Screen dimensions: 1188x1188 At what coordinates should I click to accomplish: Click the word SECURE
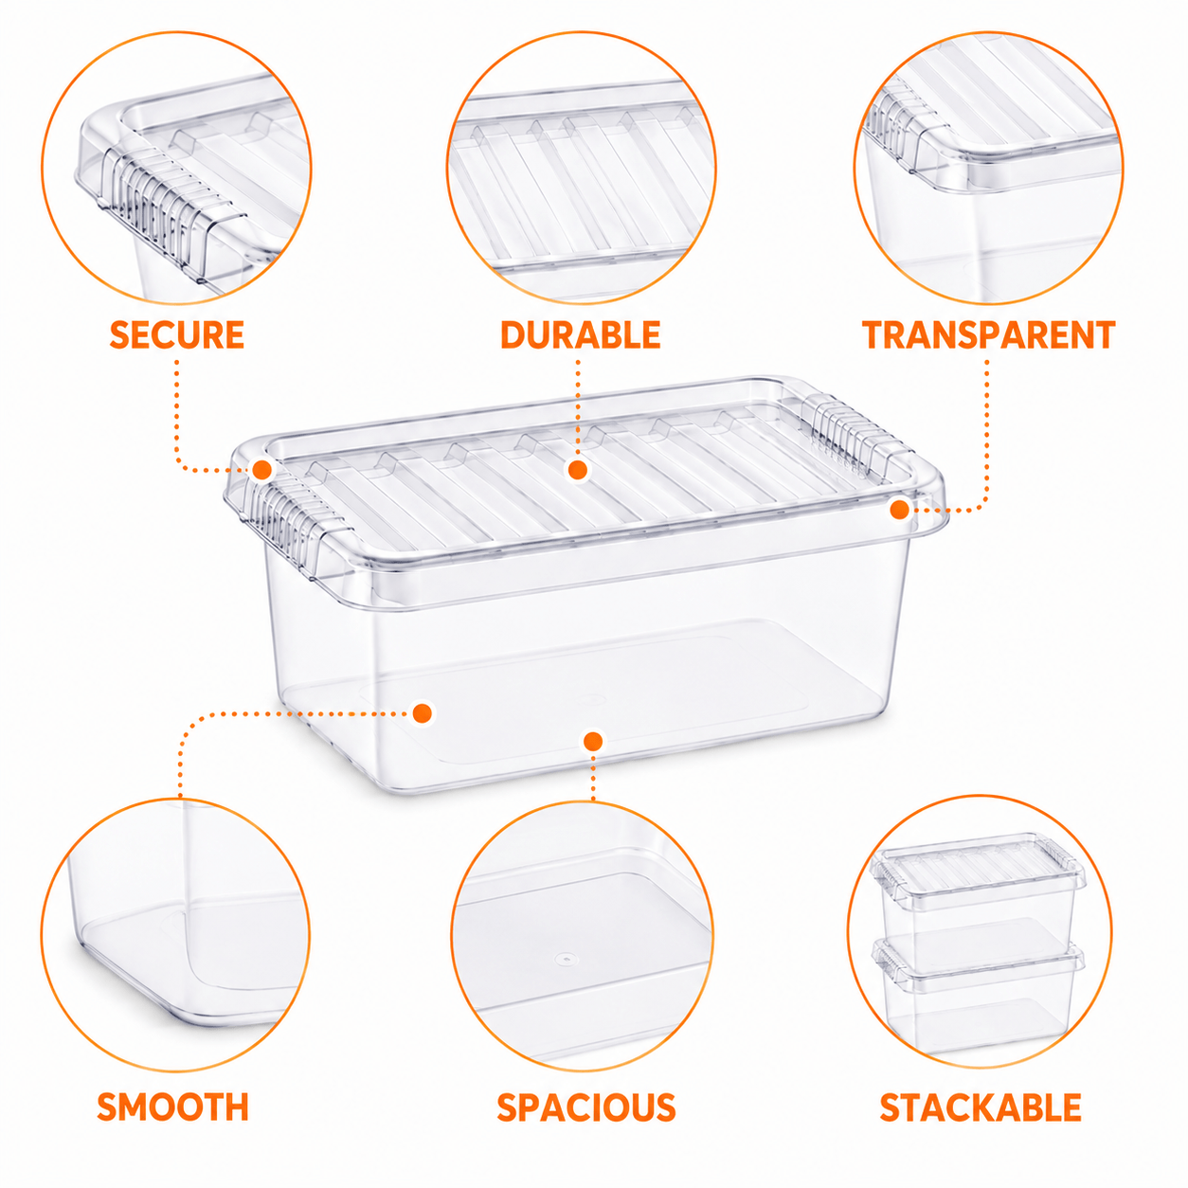(177, 334)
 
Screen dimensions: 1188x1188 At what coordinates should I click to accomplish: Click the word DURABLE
(581, 334)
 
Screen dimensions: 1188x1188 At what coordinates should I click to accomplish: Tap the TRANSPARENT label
(989, 334)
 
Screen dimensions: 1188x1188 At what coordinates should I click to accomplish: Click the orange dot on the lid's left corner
(262, 469)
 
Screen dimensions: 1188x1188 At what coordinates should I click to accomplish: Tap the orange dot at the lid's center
(578, 471)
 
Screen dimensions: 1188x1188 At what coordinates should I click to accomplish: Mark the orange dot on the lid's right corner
(899, 510)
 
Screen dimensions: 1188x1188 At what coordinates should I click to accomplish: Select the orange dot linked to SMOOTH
(423, 713)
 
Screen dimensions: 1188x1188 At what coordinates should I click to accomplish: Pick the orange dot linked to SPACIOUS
(593, 741)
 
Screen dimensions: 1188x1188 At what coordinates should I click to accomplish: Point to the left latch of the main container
(296, 527)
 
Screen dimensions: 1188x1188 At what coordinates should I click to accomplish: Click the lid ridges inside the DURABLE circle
(580, 185)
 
